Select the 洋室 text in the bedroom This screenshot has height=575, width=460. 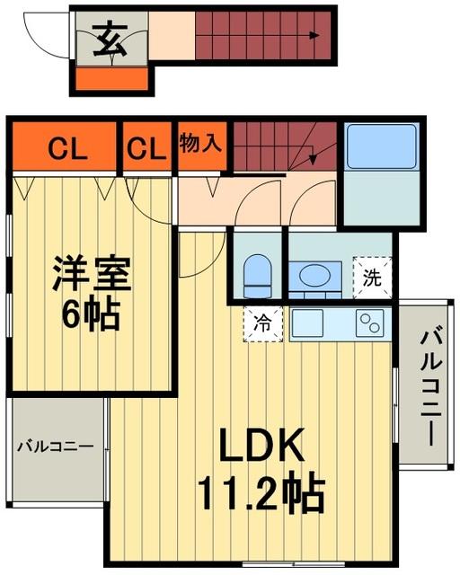click(91, 275)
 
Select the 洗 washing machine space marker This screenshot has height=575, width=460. click(372, 277)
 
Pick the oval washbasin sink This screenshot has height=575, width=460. click(314, 275)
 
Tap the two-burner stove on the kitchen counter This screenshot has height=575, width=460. click(370, 321)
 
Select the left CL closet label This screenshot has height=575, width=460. click(67, 148)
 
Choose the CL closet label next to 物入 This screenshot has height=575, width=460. click(147, 148)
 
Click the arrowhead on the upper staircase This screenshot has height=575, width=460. click(314, 37)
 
